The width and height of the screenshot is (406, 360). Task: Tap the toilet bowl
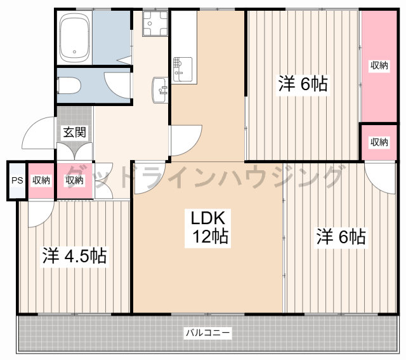coord(67,85)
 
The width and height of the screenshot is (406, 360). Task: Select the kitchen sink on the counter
coord(182,68)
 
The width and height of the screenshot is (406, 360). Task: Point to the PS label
coord(16,180)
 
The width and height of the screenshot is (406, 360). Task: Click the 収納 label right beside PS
coord(41,180)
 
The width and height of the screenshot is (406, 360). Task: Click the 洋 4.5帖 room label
coord(74,256)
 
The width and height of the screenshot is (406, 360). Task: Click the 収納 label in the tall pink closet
coord(379,65)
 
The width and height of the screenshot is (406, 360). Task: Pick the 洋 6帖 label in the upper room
coord(303,84)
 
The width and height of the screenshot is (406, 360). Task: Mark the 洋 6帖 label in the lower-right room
coord(341,237)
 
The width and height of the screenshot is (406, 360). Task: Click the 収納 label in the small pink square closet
coord(379,142)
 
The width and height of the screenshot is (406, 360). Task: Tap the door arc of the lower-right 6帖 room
coord(380,178)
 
